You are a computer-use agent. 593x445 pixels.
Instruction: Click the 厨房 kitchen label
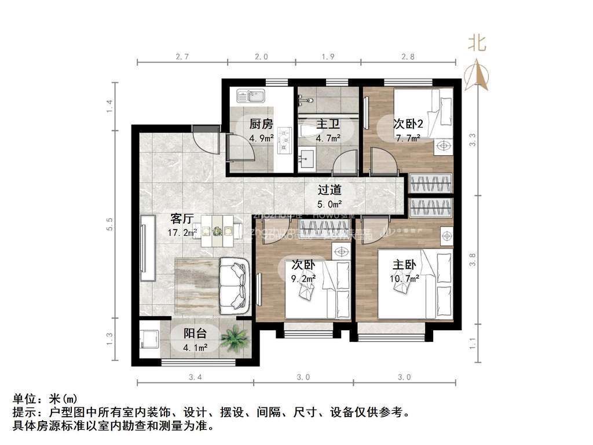click(261, 124)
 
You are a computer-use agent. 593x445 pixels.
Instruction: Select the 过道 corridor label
click(329, 189)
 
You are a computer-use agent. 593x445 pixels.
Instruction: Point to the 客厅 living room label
click(182, 218)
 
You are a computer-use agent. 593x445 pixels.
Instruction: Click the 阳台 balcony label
click(196, 334)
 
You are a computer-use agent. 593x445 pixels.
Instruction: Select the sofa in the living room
click(235, 284)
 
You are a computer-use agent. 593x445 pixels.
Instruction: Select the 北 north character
click(478, 43)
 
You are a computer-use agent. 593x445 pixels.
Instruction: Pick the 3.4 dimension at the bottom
click(195, 377)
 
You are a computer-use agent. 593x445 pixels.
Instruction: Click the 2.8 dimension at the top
click(408, 57)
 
